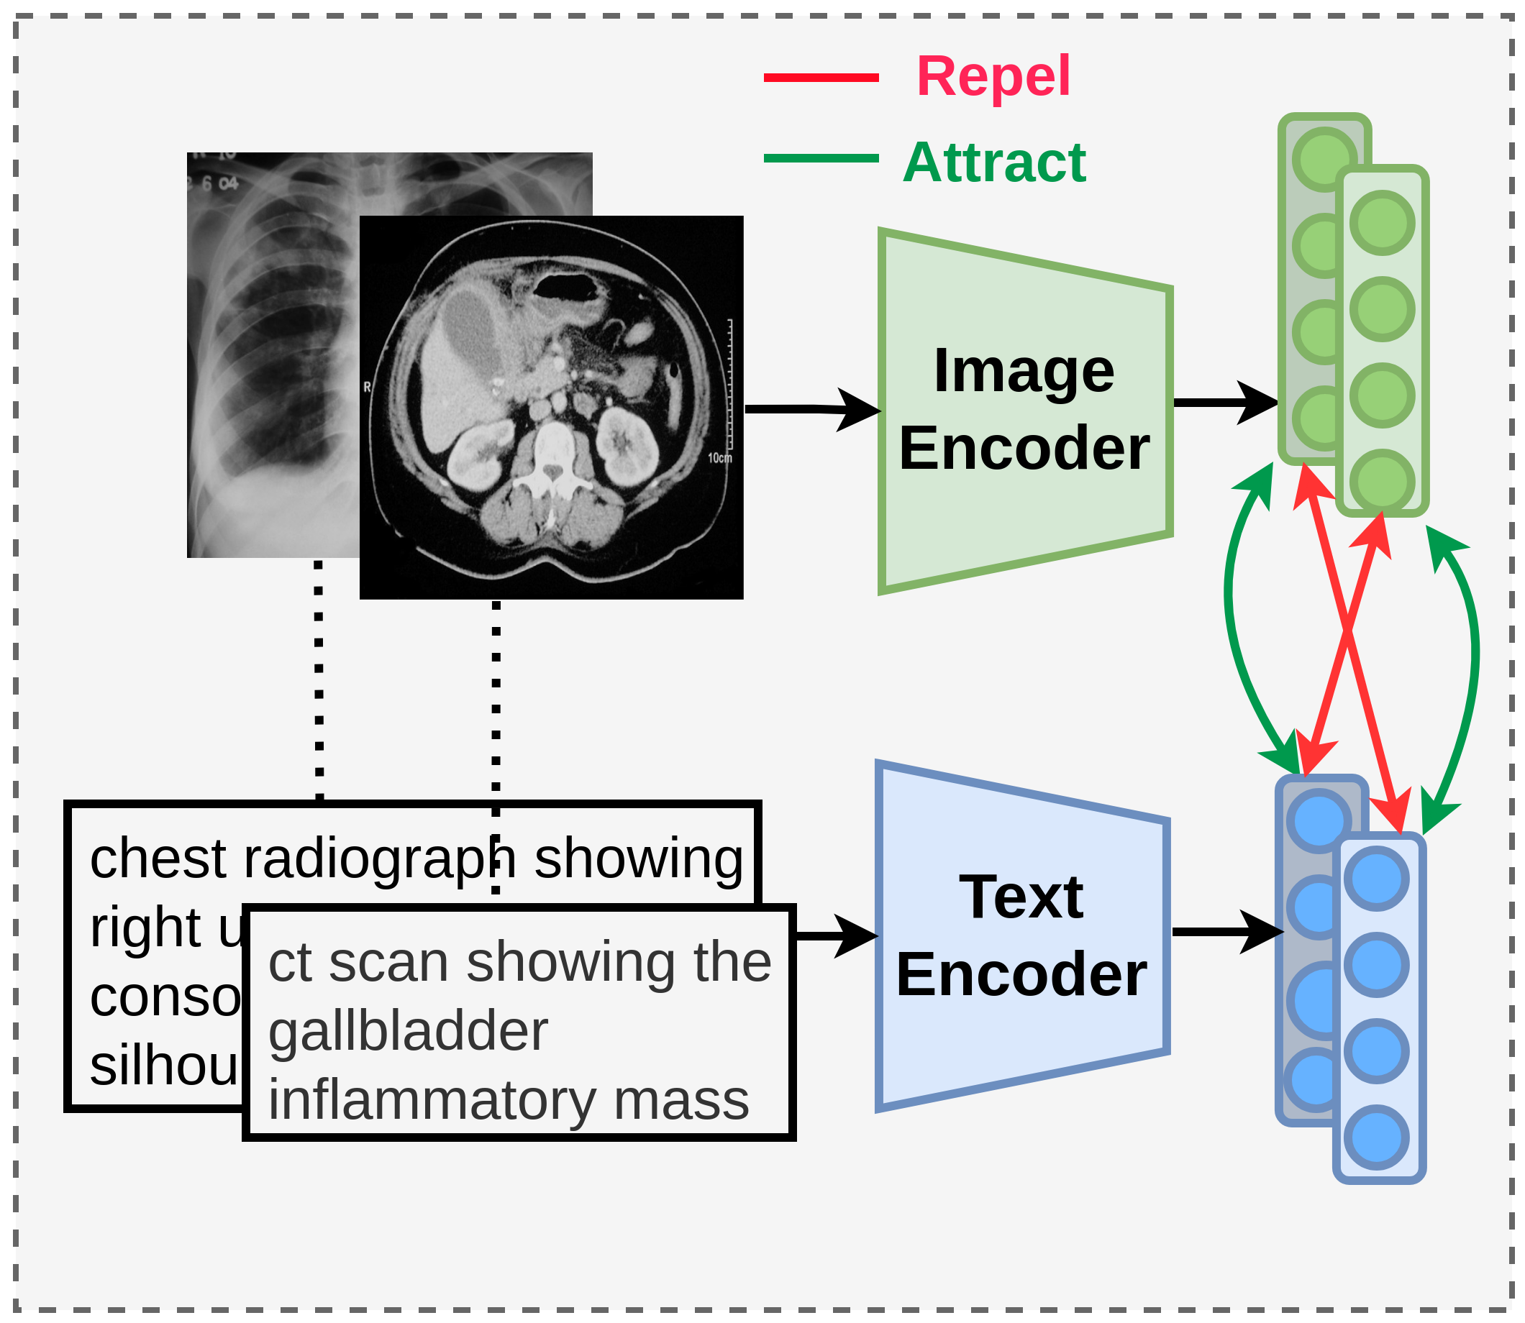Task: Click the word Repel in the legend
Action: (993, 77)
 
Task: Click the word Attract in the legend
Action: (994, 162)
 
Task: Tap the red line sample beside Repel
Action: (821, 78)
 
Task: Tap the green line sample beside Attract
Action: (821, 158)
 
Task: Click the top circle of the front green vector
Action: (1382, 222)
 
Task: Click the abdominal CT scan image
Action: (551, 407)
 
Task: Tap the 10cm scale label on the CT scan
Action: (719, 459)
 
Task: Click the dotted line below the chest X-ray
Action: (318, 679)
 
